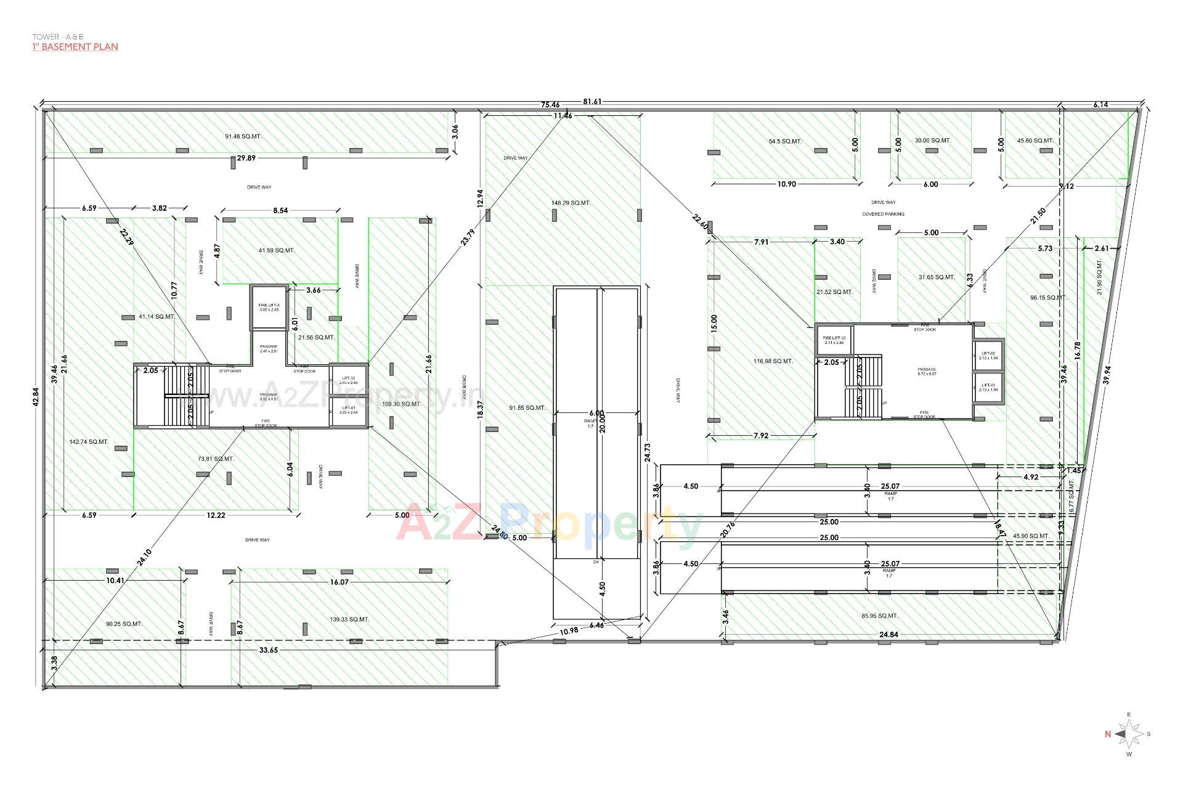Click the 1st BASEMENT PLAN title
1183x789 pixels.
point(75,47)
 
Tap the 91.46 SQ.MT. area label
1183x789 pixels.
point(243,136)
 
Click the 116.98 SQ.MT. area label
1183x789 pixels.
point(773,361)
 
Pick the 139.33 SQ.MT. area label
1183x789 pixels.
point(349,619)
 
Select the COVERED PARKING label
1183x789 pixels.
point(883,214)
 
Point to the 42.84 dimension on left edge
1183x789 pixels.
point(36,396)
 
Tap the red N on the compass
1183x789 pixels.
point(1107,734)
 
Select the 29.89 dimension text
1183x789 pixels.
point(246,158)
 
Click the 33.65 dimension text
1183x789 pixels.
point(269,650)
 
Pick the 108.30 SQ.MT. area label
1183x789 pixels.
point(402,404)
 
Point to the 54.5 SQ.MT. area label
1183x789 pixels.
point(785,141)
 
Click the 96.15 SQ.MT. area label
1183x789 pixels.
point(1048,298)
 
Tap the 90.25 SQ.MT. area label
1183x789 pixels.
point(124,624)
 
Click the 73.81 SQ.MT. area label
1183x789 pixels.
point(216,459)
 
